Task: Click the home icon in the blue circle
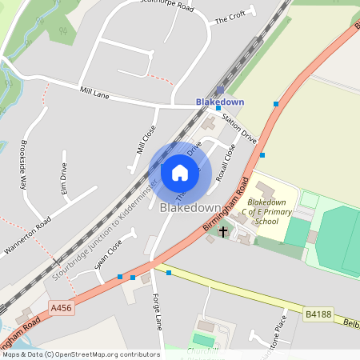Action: pos(180,172)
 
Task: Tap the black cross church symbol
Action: pos(222,231)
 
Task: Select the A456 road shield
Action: pos(61,306)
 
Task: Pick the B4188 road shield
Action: pos(318,315)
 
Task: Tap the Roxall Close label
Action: pos(226,163)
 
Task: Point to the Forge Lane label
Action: pos(158,310)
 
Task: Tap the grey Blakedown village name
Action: pos(190,208)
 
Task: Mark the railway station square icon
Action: pos(221,90)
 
